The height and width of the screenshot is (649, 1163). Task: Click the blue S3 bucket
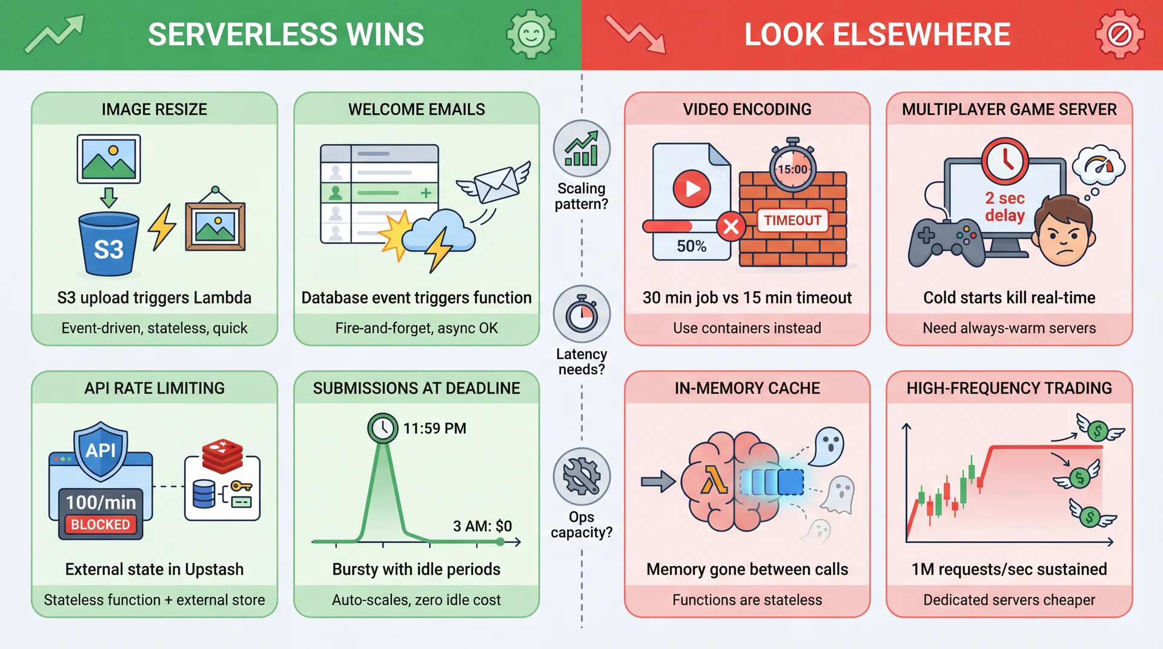coord(109,245)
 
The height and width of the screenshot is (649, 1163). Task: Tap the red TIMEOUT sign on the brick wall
coord(792,220)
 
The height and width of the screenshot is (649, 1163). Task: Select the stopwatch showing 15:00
coord(792,167)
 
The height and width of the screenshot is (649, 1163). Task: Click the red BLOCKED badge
coord(101,524)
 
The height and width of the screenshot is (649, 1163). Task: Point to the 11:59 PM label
coord(434,429)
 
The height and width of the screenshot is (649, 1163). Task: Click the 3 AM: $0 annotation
coord(482,525)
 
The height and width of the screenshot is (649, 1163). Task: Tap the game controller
coord(946,240)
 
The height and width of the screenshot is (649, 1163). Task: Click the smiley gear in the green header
coord(531,35)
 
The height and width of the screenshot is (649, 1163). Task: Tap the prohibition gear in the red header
coord(1119,35)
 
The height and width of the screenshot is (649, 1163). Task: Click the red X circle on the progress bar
coord(731,227)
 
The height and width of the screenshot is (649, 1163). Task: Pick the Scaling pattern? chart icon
coord(581,149)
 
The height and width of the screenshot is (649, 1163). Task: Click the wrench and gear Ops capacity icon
coord(581,476)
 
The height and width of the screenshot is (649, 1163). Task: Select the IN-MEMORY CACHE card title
coord(747,388)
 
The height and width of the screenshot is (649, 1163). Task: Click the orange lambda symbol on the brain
coord(714,483)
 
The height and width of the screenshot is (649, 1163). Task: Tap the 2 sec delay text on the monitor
coord(1004,206)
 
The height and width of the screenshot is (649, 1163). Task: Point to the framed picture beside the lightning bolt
coord(215,225)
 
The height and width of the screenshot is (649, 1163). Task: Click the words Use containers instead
coord(747,328)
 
